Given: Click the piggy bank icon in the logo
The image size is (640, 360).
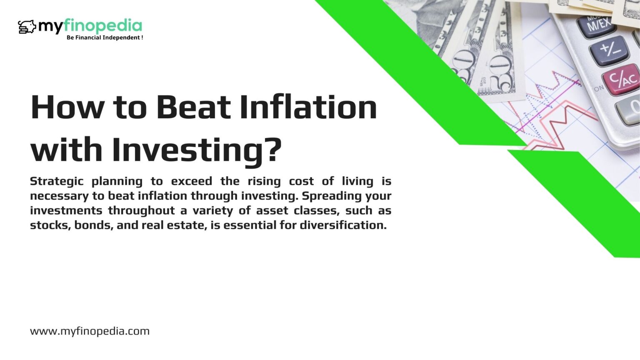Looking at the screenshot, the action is (27, 27).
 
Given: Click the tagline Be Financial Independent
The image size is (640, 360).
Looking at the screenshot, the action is (105, 37).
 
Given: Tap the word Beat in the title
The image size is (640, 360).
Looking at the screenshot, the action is (193, 107).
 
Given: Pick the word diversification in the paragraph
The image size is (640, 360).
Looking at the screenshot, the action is (343, 225).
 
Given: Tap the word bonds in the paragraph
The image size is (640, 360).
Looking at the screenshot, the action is (94, 225).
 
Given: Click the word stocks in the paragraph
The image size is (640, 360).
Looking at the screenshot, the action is (50, 225).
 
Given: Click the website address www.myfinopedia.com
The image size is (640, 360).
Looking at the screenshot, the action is (90, 331).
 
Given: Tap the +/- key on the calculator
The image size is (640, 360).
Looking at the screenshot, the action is (610, 50).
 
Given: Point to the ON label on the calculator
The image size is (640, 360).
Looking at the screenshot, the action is (599, 88).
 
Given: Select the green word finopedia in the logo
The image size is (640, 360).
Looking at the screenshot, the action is (102, 27).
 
